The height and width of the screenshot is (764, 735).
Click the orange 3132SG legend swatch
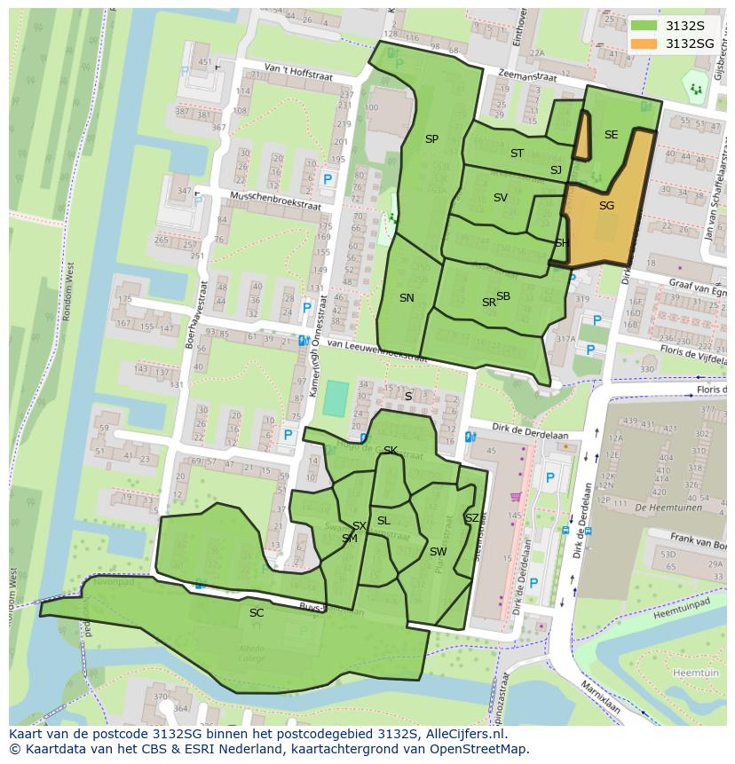pos(647,43)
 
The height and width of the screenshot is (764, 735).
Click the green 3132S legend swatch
pos(647,26)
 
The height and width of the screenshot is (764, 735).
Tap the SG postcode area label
pos(606,206)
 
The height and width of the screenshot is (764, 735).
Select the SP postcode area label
pos(431,139)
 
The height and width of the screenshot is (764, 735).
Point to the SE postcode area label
pos(611,135)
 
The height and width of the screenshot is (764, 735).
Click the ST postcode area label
pos(517,154)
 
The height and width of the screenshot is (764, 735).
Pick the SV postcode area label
pos(500,198)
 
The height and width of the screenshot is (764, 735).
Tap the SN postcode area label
pos(407,298)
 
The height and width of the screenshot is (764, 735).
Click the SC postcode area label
pos(257,613)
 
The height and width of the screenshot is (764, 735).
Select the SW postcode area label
pos(438,552)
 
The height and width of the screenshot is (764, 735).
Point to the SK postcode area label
pos(390,451)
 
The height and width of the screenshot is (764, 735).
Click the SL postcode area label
pos(383,521)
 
